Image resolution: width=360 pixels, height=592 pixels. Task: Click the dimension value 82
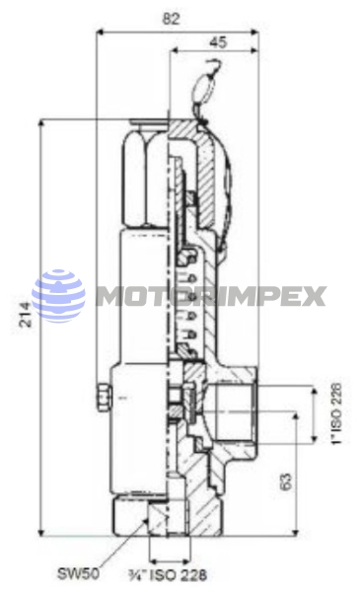[x=171, y=19]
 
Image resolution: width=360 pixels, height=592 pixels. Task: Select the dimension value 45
[x=219, y=42]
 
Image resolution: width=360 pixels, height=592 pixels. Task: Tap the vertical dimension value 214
[x=26, y=314]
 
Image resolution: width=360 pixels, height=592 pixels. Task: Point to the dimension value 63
[x=286, y=481]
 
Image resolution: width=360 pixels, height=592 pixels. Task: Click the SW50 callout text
[x=79, y=574]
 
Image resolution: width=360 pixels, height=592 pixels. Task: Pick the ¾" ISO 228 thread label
[x=168, y=575]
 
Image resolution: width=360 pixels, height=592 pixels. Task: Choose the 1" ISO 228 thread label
[x=336, y=413]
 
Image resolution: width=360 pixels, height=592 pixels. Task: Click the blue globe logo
[x=58, y=296]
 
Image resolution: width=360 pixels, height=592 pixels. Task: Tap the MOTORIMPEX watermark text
[x=211, y=296]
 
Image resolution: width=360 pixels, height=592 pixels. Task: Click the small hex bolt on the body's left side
[x=104, y=398]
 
